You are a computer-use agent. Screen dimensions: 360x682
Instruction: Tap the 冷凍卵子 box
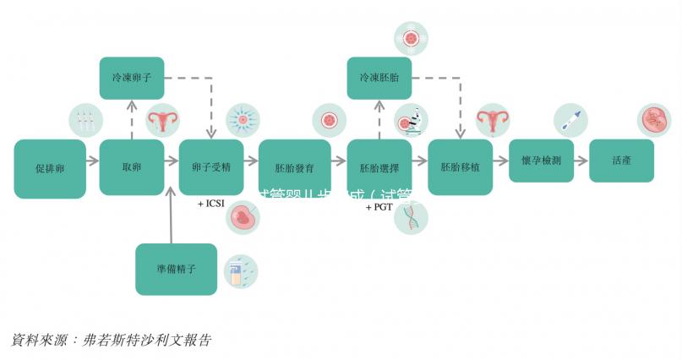click(132, 77)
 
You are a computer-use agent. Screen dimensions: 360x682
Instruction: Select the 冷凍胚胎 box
click(379, 77)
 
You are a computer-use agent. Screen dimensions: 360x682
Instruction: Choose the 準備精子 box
click(177, 270)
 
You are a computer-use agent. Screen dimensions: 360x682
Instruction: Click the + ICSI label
click(211, 204)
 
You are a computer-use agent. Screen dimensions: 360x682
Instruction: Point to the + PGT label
click(379, 206)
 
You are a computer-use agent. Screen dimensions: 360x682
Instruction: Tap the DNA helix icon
click(412, 217)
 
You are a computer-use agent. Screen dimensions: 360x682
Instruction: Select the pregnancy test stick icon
click(570, 120)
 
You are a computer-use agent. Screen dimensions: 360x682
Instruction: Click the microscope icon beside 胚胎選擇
click(412, 122)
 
